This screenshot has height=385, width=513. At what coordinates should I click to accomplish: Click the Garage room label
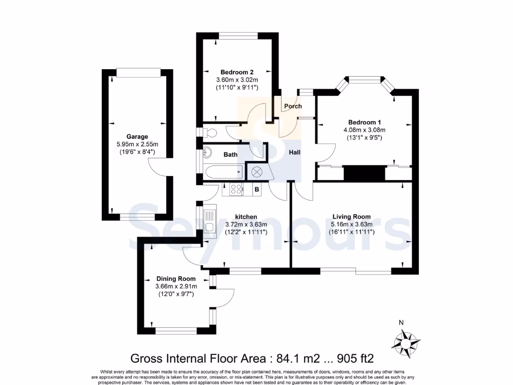click(x=137, y=136)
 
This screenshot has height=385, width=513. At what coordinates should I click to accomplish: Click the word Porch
click(x=293, y=106)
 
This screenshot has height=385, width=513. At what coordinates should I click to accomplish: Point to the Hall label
click(x=295, y=152)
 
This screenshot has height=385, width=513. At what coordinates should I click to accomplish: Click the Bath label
click(x=230, y=155)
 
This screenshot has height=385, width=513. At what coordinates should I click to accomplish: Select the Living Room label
click(x=352, y=217)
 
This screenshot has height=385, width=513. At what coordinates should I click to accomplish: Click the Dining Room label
click(x=176, y=279)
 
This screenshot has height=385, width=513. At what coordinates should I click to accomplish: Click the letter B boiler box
click(x=257, y=189)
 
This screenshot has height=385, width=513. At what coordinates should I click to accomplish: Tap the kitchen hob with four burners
click(x=236, y=189)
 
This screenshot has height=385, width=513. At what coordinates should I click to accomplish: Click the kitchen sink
click(x=208, y=221)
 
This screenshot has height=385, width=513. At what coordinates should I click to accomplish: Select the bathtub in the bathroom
click(x=223, y=172)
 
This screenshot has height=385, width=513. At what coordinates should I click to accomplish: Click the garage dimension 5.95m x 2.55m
click(x=137, y=144)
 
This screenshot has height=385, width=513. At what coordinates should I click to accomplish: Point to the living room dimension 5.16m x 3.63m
click(x=352, y=224)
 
